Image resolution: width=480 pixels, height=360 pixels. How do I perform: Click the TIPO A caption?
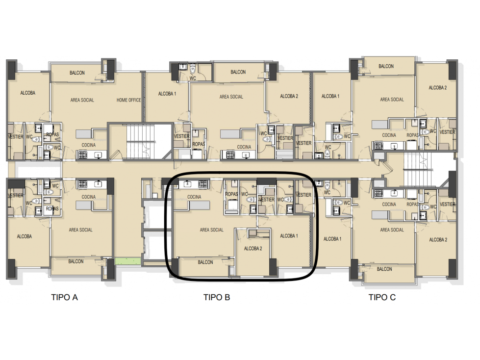[x=64, y=297]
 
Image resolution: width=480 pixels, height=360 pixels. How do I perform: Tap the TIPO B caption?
[x=217, y=297]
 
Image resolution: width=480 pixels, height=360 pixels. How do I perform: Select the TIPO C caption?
[x=382, y=297]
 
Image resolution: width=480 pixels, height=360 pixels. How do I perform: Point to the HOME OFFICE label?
[x=128, y=100]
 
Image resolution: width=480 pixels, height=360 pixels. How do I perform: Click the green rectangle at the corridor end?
[x=127, y=261]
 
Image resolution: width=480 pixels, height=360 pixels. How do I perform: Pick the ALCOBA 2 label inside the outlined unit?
[x=253, y=249]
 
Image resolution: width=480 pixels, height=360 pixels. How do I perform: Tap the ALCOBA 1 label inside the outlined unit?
[x=289, y=236]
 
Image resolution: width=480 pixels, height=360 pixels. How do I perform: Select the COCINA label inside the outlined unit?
[x=194, y=197]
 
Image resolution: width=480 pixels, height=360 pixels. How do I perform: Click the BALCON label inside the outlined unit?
[x=205, y=262]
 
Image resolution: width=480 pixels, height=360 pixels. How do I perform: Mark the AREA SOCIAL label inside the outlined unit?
[x=211, y=230]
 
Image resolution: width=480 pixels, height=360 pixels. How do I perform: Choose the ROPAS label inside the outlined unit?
[x=231, y=194]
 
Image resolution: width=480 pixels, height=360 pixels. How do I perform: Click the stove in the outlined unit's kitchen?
[x=203, y=184]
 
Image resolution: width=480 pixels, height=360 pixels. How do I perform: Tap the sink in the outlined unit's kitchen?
[x=187, y=184]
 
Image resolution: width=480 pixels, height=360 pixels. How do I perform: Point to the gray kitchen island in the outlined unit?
[x=199, y=205]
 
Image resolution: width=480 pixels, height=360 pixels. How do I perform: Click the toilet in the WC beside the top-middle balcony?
[x=193, y=69]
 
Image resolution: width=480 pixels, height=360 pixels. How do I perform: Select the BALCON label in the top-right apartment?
[x=386, y=66]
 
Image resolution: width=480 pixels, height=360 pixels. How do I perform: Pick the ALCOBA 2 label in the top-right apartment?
[x=437, y=88]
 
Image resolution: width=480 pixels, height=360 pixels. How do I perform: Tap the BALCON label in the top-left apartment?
[x=77, y=73]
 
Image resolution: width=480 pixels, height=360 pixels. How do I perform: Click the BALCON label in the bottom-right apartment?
[x=384, y=269]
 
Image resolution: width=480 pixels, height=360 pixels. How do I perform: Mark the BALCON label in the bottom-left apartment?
[x=76, y=261]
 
